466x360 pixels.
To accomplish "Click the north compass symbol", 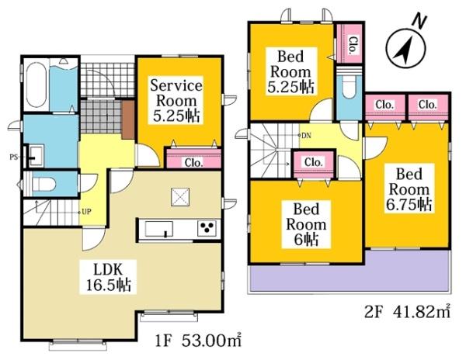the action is pyautogui.click(x=405, y=47).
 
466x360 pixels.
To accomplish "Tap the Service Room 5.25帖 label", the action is pyautogui.click(x=176, y=101).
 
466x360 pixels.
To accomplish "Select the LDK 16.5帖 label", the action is pyautogui.click(x=108, y=277).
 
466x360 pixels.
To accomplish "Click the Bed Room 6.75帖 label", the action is pyautogui.click(x=409, y=189).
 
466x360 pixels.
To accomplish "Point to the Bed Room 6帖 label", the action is pyautogui.click(x=306, y=224).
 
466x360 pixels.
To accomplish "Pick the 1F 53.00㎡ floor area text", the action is pyautogui.click(x=198, y=341).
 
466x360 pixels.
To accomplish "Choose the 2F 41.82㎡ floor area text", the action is pyautogui.click(x=407, y=312).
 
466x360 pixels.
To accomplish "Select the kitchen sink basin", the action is pyautogui.click(x=158, y=229).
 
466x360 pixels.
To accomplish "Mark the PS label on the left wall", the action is pyautogui.click(x=14, y=157).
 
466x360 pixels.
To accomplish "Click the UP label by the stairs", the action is pyautogui.click(x=86, y=212).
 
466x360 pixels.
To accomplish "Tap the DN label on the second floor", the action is pyautogui.click(x=307, y=136).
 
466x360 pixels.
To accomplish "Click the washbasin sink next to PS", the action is pyautogui.click(x=36, y=155).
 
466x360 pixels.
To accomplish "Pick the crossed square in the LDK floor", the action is pyautogui.click(x=180, y=197).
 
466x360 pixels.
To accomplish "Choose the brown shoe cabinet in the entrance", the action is pyautogui.click(x=128, y=119).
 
